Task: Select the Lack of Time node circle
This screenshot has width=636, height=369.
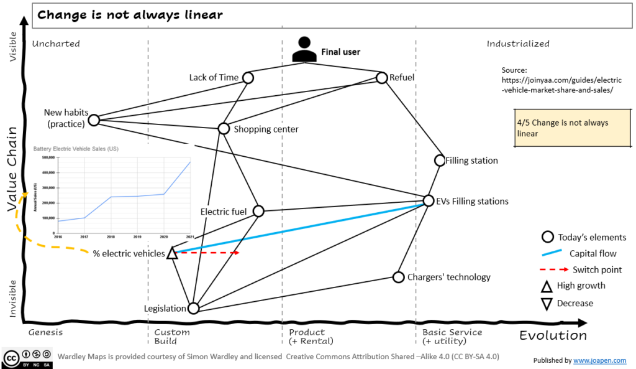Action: coord(248,78)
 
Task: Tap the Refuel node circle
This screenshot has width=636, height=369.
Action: coord(382,78)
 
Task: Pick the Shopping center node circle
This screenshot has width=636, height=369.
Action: coord(224,129)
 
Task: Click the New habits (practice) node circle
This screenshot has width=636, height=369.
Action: coord(94,120)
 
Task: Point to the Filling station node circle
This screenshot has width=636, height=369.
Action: coord(440,161)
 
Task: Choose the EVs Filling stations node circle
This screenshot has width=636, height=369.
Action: coord(428,200)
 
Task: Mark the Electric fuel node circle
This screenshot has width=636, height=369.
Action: coord(258,211)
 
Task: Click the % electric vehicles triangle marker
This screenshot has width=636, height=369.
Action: coord(173,253)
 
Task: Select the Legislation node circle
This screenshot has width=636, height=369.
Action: coord(193,308)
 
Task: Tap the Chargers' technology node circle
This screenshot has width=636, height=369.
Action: coord(398,277)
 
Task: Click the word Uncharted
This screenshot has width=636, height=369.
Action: coord(56,44)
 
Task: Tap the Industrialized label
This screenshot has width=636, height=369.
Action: coord(518,44)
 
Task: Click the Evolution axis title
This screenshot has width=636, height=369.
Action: coord(553,335)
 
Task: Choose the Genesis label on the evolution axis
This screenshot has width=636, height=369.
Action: coord(46,332)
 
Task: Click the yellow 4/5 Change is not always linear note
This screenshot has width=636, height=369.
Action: coord(562,128)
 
